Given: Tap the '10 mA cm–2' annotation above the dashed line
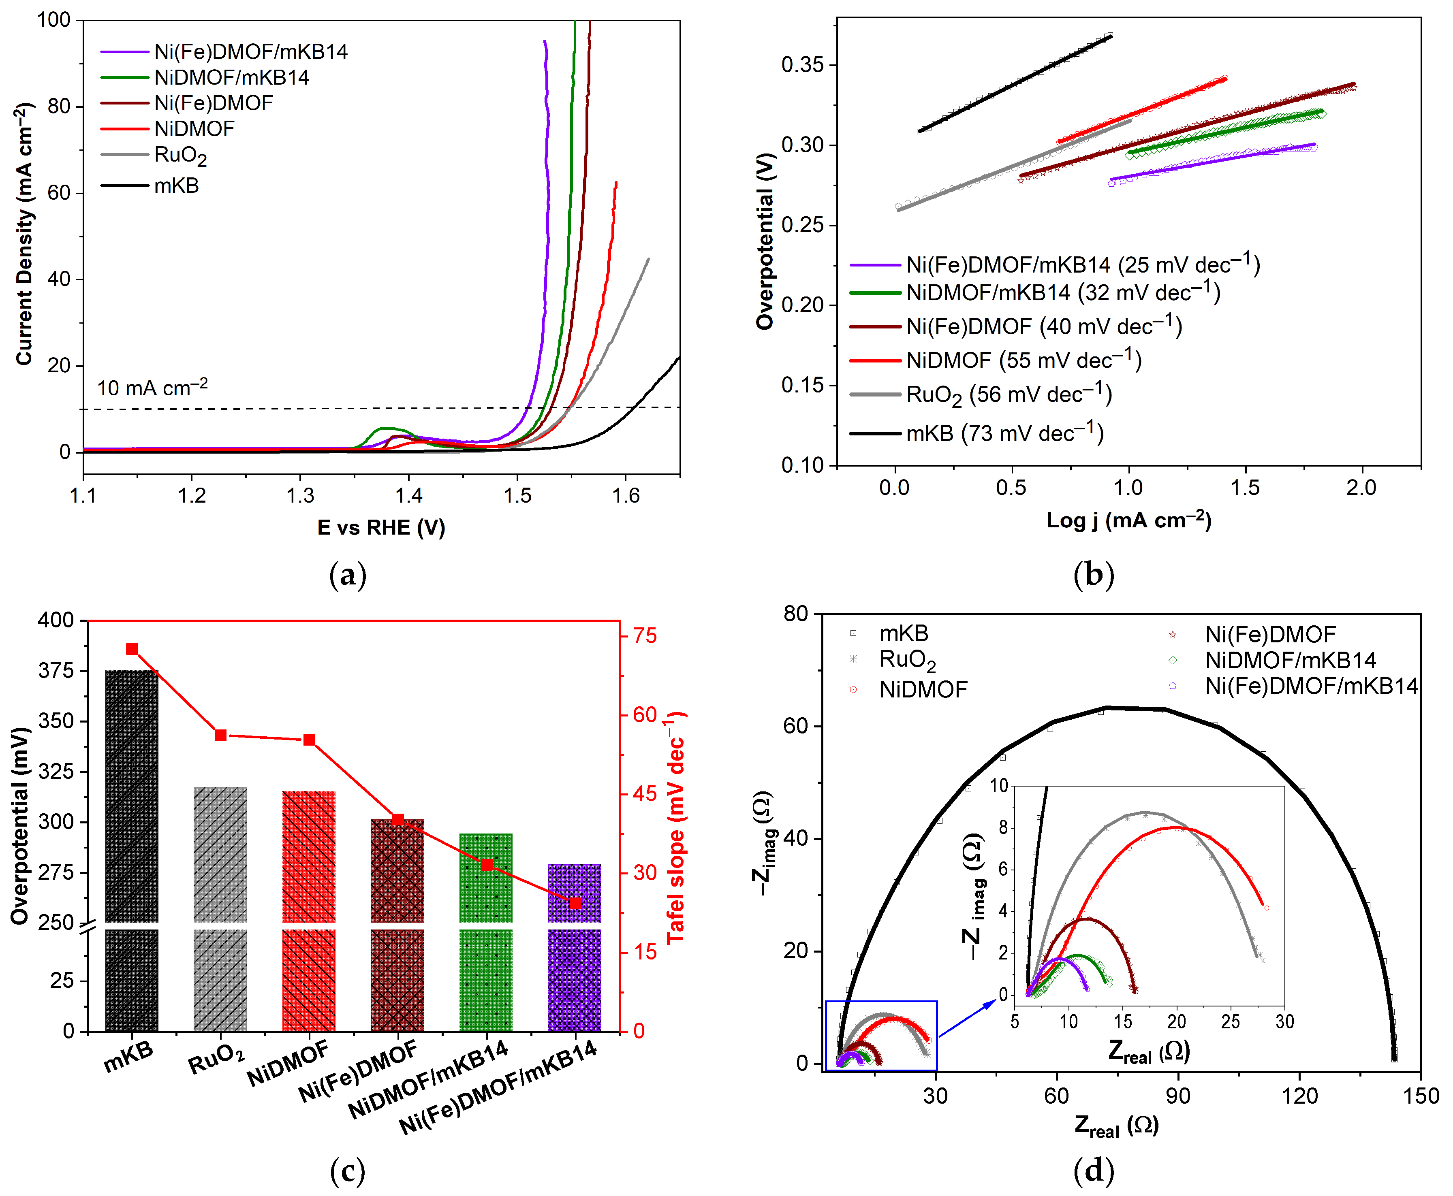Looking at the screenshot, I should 152,388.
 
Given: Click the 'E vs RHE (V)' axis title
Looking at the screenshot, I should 381,528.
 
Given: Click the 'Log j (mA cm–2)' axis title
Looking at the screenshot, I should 1128,520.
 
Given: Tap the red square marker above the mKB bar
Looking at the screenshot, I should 132,649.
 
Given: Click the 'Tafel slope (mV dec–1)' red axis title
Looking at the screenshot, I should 675,827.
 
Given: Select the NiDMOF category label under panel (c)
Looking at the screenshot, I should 288,1064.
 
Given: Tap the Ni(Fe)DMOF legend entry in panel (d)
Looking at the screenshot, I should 1269,634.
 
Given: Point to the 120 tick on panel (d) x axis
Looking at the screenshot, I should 1299,1096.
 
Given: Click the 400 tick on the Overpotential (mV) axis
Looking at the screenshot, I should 56,620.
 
